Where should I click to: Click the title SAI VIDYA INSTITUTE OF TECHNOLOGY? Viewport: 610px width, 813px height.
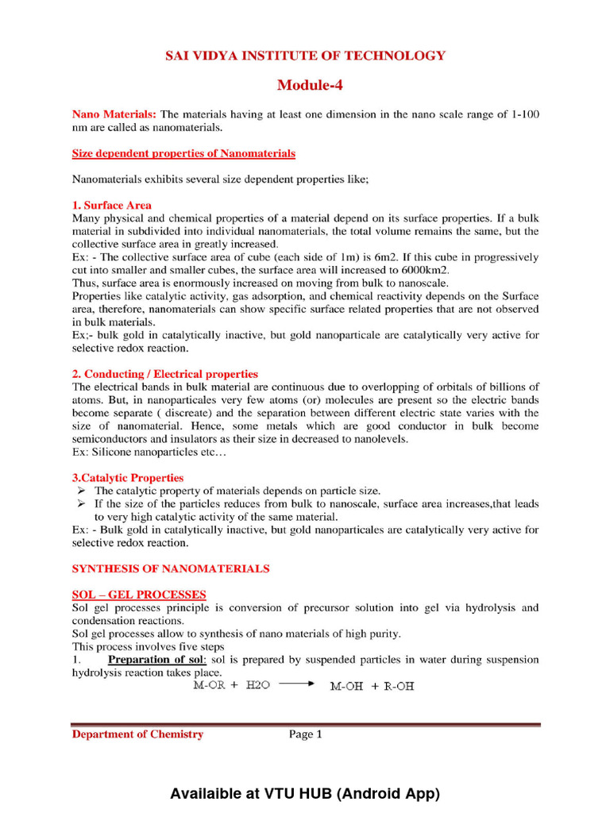point(305,56)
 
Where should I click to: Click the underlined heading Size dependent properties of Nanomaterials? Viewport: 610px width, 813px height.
point(183,153)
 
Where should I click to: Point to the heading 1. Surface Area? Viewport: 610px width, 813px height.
point(112,205)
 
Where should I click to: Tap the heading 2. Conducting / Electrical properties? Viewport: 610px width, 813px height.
point(164,374)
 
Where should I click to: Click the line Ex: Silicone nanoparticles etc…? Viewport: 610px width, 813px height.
point(149,452)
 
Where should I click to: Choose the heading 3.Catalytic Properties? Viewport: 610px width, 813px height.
point(128,478)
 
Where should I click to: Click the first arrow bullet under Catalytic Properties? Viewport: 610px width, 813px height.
point(81,491)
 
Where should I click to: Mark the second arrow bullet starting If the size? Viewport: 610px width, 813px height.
point(81,504)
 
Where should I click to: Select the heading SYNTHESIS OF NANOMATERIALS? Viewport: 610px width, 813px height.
point(171,568)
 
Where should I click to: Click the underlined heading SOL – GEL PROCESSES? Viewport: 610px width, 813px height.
point(139,595)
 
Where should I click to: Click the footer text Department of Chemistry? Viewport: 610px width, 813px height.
point(137,734)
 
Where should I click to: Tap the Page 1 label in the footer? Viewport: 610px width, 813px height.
point(305,734)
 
